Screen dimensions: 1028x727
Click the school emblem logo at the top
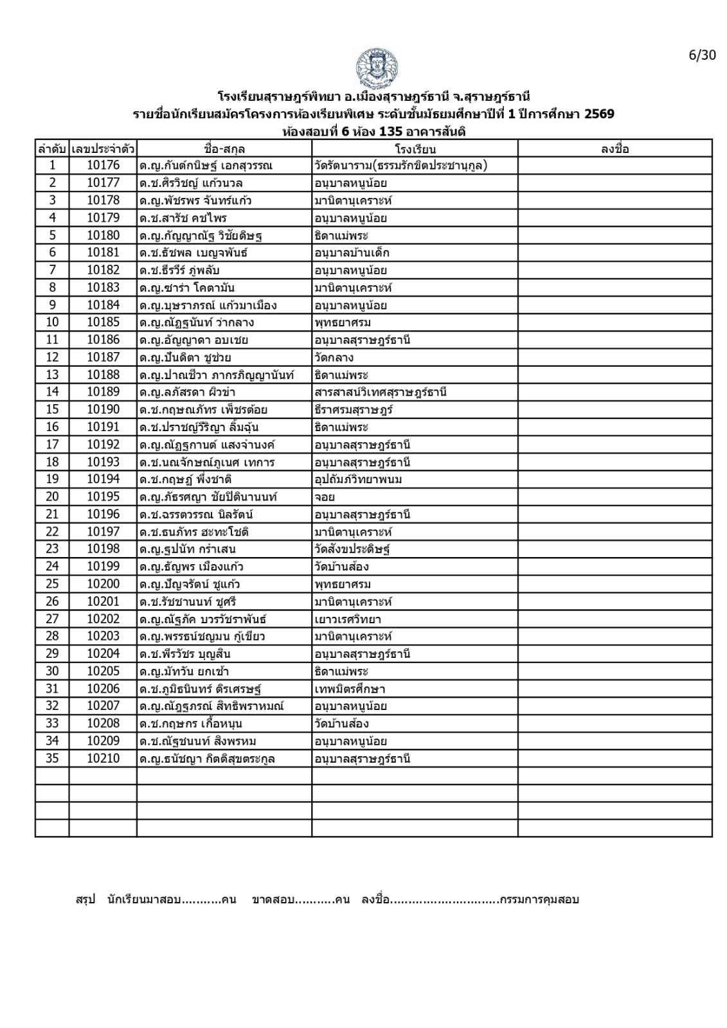(376, 67)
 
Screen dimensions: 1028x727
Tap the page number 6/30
(702, 55)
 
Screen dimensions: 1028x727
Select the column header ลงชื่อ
(615, 149)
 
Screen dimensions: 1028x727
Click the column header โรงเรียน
(415, 149)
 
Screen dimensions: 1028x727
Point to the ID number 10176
(103, 166)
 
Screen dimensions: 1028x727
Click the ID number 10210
(103, 758)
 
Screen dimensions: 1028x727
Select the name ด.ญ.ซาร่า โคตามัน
(183, 288)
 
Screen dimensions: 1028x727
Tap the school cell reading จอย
(325, 497)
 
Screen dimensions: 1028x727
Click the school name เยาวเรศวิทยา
(348, 619)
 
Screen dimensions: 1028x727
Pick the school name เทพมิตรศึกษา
(350, 689)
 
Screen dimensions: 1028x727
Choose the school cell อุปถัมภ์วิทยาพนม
(358, 479)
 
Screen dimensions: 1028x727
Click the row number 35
(52, 758)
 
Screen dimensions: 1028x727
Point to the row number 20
(52, 497)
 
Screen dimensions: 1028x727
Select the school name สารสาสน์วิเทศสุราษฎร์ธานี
(381, 392)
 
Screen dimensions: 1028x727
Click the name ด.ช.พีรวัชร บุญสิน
(185, 654)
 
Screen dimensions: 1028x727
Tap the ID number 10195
(103, 497)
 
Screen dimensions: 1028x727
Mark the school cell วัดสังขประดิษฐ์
(352, 549)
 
